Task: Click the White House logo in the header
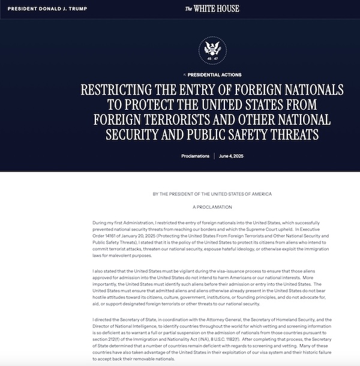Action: [x=212, y=8]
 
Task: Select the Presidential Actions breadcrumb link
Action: [x=214, y=75]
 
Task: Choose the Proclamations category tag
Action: [x=196, y=156]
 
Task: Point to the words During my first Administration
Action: [x=122, y=223]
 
